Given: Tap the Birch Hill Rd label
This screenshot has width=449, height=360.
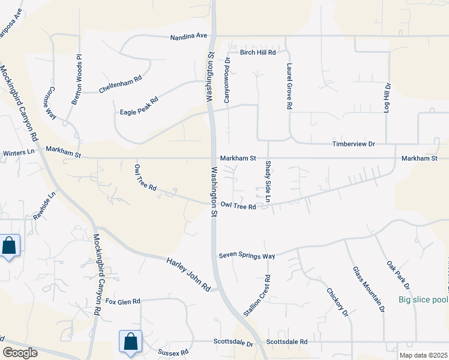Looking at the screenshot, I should pos(258,53).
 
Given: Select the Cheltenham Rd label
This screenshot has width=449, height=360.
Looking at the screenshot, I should pos(120,85).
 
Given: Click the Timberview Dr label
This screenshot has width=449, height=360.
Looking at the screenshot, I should pos(354,145).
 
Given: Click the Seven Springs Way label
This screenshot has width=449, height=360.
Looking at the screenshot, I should pos(247,256).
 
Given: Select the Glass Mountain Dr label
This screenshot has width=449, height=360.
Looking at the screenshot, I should pos(368,290).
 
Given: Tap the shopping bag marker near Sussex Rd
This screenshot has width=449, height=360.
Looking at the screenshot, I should pos(130,343).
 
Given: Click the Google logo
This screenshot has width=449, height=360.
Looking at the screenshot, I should pos(20,353).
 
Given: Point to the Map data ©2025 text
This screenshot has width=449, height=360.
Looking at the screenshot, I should pos(423,355).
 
